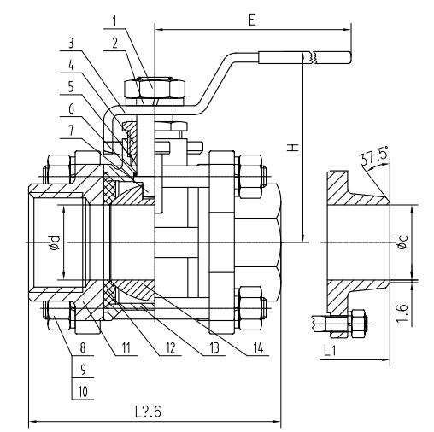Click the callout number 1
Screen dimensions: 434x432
click(x=114, y=21)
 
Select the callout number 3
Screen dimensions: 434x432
click(x=71, y=44)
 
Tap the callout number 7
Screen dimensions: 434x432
click(x=71, y=131)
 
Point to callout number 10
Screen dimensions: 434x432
click(x=83, y=392)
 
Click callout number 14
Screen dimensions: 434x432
click(x=258, y=347)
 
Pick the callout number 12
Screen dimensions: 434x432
click(x=170, y=347)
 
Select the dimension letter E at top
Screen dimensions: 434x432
click(x=252, y=20)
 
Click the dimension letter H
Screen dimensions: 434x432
click(x=293, y=148)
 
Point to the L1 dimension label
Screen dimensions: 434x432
click(x=330, y=350)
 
